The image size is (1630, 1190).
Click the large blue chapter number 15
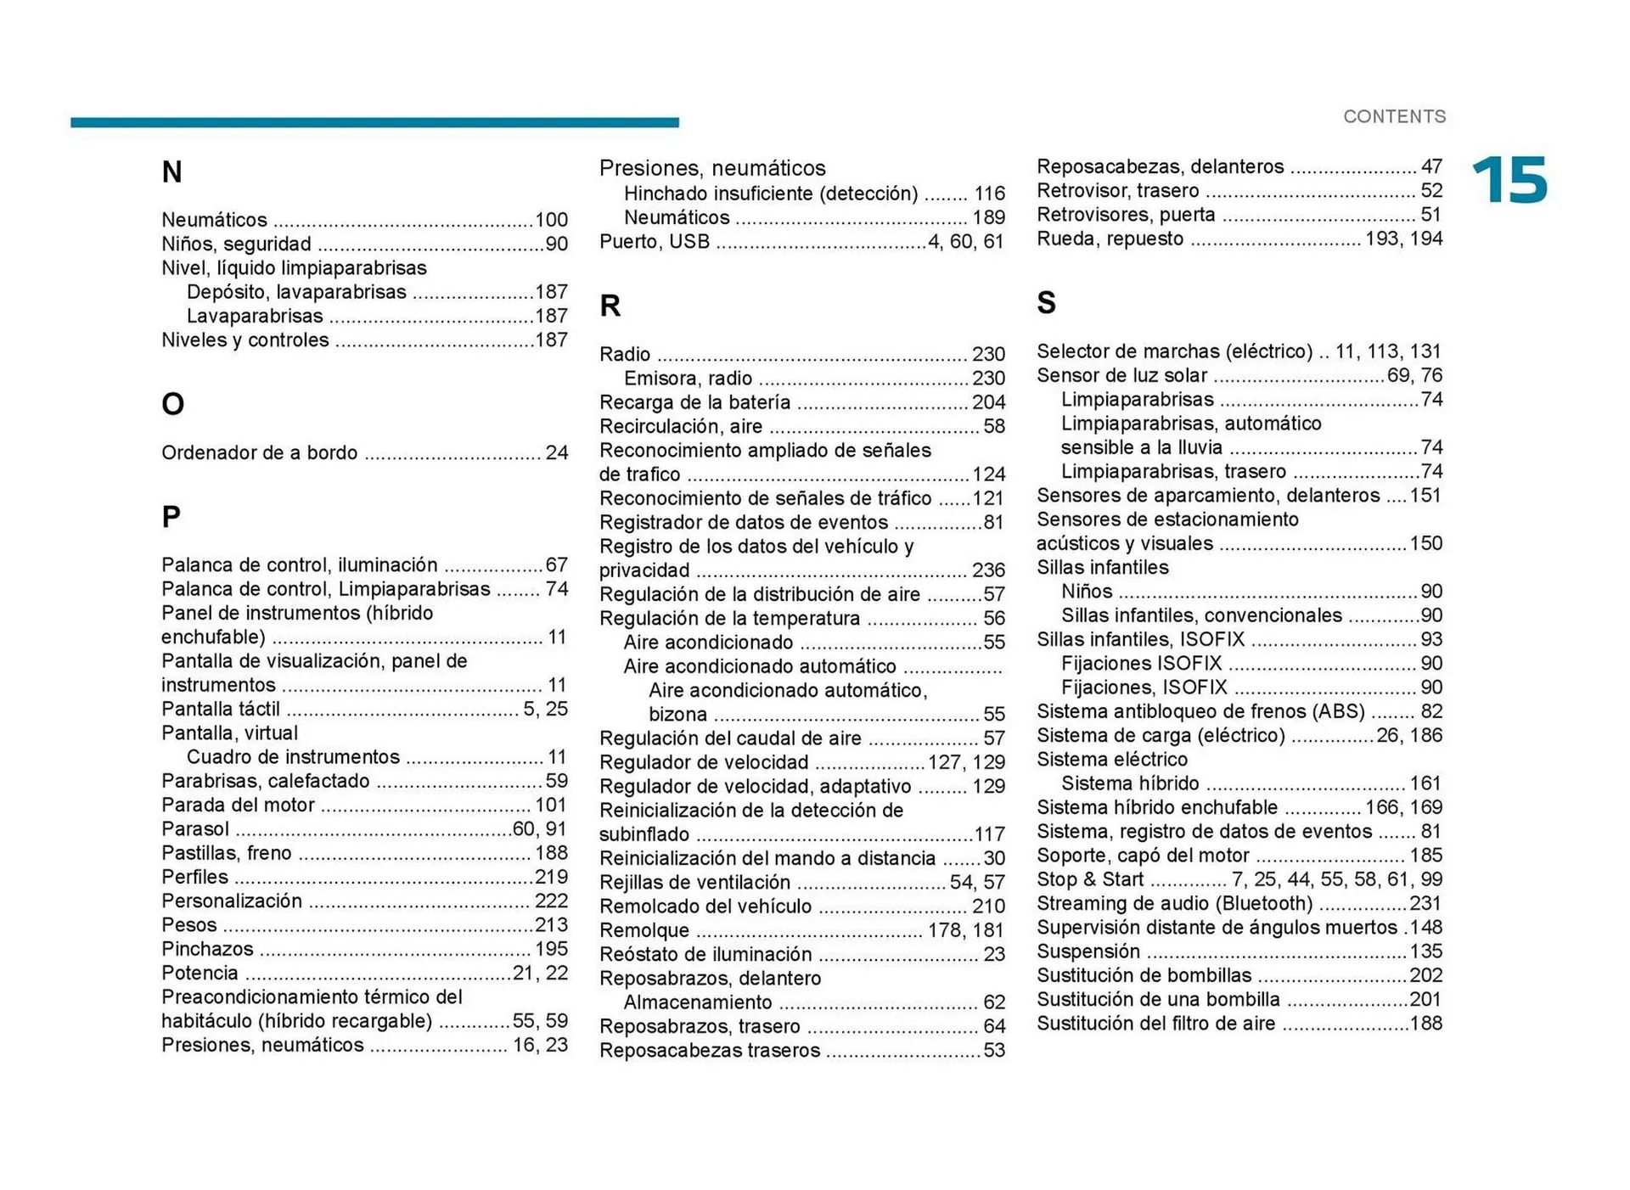[x=1509, y=180]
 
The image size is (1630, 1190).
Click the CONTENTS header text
[x=1394, y=116]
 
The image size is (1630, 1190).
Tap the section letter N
[x=171, y=172]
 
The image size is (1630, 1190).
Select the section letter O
[x=172, y=404]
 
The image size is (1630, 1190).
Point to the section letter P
[x=171, y=516]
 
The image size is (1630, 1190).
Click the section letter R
[x=610, y=306]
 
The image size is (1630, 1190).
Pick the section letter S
[x=1046, y=303]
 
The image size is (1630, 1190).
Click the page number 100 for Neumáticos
[x=551, y=220]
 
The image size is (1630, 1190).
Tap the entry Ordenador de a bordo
[x=259, y=452]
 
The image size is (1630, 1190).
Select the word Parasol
[x=195, y=828]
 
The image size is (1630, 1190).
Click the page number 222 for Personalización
[x=551, y=901]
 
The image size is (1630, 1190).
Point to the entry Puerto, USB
[x=654, y=242]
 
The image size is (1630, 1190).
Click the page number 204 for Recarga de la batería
[x=988, y=402]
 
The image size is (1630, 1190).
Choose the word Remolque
[x=644, y=930]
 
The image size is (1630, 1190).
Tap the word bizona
[x=677, y=715]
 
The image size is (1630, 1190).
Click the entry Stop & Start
[x=1090, y=879]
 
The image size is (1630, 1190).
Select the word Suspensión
[x=1088, y=951]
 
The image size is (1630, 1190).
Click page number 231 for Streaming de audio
[x=1425, y=903]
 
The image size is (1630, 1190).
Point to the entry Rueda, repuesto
[x=1110, y=239]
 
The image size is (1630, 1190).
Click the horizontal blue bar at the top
[x=374, y=122]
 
